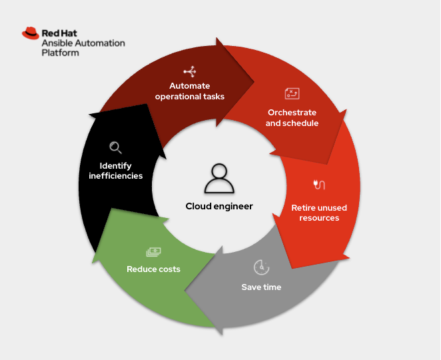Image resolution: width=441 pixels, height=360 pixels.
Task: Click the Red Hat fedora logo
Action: (x=30, y=33)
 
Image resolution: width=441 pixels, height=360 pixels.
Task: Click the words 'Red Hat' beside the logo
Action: (x=61, y=32)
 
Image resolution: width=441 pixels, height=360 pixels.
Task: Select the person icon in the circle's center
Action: (x=219, y=178)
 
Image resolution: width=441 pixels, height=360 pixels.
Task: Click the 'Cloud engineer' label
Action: (x=219, y=206)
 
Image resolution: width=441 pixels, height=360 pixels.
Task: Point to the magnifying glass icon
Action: (x=115, y=147)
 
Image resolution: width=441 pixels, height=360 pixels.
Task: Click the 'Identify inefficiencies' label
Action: (x=115, y=171)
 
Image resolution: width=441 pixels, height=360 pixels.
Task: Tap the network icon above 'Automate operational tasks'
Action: (x=190, y=71)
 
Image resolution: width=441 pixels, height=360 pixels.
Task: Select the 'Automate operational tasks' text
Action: (x=190, y=91)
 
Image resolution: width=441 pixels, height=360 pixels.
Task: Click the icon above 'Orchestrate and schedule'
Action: (x=292, y=94)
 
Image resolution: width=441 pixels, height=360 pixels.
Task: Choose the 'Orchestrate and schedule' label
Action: (x=292, y=117)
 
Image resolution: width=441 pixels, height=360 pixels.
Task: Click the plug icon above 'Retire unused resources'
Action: (x=318, y=185)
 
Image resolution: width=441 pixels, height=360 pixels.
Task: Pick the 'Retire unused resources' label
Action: (x=319, y=213)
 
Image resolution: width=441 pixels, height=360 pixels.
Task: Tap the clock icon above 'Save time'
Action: (x=261, y=267)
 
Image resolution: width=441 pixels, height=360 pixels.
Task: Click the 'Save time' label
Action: (x=261, y=287)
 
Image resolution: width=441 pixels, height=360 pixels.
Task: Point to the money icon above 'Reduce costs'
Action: (x=153, y=251)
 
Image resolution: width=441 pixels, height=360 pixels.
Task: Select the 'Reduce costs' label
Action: (x=153, y=269)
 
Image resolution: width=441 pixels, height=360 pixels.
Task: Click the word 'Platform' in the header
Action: (x=60, y=53)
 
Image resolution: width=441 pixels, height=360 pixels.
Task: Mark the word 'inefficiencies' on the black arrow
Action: (x=115, y=176)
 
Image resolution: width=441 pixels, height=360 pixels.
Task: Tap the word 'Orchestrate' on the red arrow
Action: (x=292, y=112)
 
